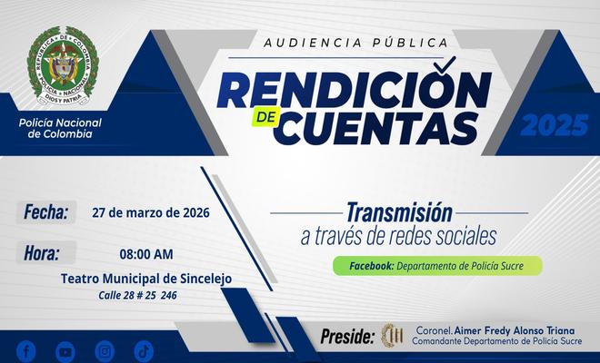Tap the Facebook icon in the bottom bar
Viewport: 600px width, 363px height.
click(x=26, y=350)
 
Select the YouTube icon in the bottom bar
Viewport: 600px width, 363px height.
click(x=65, y=350)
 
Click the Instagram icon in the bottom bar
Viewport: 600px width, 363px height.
click(x=105, y=350)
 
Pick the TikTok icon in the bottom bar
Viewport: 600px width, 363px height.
click(x=144, y=350)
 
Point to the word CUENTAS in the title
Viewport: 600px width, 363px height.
click(x=376, y=128)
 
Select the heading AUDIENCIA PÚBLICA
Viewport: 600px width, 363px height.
click(x=355, y=42)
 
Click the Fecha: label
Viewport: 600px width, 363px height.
click(x=45, y=212)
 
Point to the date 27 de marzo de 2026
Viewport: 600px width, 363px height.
click(x=151, y=213)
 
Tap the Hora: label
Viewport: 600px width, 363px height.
click(x=43, y=253)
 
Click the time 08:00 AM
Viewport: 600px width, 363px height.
click(x=145, y=254)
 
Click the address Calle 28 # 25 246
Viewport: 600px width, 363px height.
click(x=138, y=296)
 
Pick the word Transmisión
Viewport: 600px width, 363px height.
click(x=399, y=212)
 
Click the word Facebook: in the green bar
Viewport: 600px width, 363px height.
click(x=364, y=266)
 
